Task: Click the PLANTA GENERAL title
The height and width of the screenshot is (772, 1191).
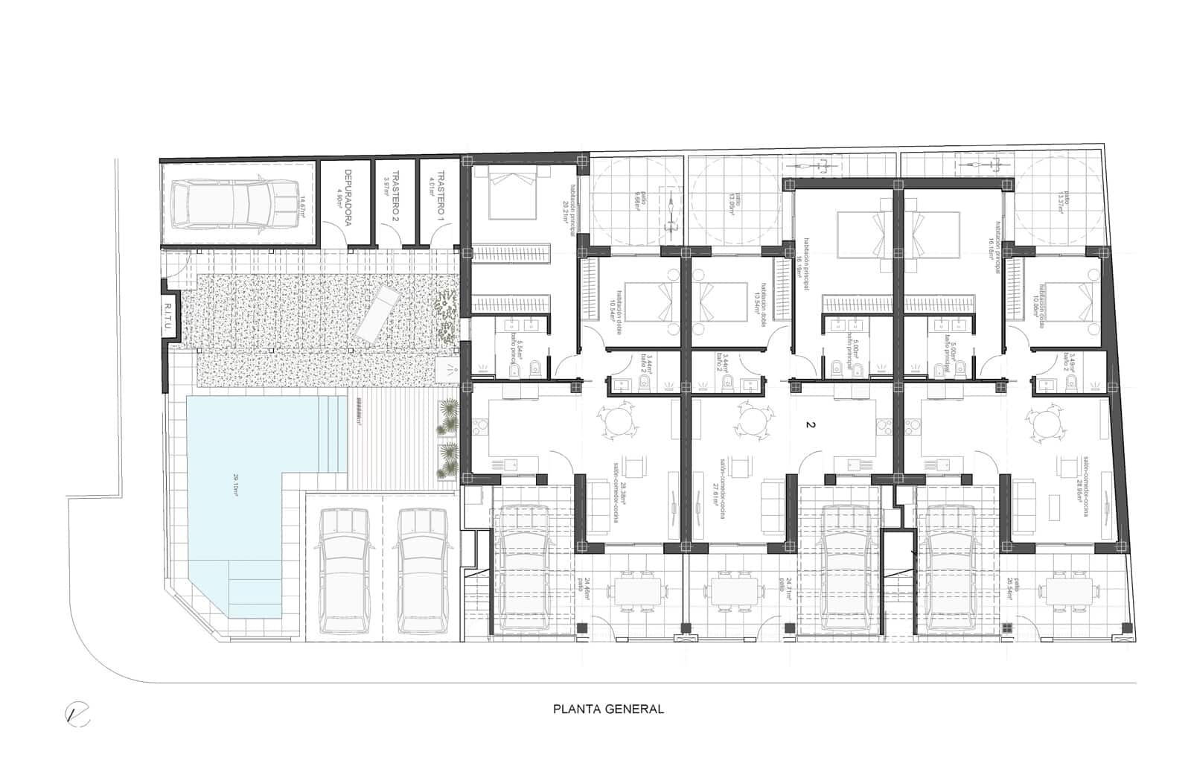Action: click(x=608, y=709)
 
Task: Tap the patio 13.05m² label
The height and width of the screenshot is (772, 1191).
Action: click(x=735, y=200)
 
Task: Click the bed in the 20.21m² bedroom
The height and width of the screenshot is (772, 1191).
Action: click(x=512, y=194)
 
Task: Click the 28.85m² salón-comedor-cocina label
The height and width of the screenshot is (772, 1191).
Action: click(x=1092, y=487)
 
